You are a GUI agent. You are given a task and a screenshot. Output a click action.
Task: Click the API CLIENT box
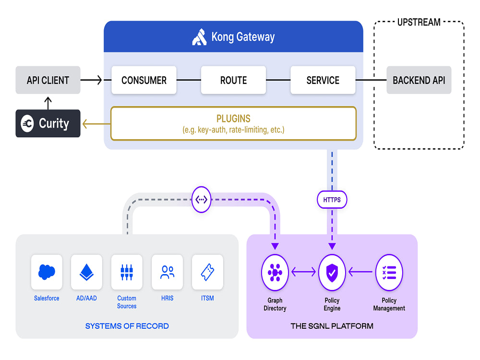[x=48, y=80]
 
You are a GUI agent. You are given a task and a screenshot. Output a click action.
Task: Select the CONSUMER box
[x=144, y=80]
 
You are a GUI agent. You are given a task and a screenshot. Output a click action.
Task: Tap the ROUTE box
[x=233, y=80]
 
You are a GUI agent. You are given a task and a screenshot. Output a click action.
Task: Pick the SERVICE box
[x=323, y=80]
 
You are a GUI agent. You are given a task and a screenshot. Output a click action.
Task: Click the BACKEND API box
[x=419, y=80]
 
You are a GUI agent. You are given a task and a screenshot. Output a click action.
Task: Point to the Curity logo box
[x=48, y=123]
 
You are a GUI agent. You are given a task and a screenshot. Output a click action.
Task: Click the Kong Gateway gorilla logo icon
[x=200, y=37]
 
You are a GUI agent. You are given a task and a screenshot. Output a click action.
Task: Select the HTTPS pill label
[x=332, y=200]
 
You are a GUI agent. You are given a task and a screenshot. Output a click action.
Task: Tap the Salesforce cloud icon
[x=47, y=272]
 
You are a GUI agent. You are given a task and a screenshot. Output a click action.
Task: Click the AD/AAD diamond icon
[x=86, y=272]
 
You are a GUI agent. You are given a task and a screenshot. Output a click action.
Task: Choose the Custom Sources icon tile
[x=127, y=272]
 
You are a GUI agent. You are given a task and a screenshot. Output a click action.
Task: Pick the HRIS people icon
[x=167, y=272]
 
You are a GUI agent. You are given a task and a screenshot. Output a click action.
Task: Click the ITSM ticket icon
[x=207, y=272]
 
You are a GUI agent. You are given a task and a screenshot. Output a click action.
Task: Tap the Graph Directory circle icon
[x=275, y=272]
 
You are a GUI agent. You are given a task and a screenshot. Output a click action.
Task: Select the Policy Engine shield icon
[x=332, y=272]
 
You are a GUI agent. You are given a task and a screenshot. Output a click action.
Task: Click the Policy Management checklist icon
[x=389, y=272]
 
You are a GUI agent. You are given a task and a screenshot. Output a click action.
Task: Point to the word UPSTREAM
[x=419, y=23]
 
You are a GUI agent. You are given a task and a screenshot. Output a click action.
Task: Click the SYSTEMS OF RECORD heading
[x=127, y=326]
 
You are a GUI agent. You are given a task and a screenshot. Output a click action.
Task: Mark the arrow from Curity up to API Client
[x=48, y=103]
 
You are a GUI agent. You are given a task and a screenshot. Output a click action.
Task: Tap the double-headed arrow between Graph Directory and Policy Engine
[x=303, y=272]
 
